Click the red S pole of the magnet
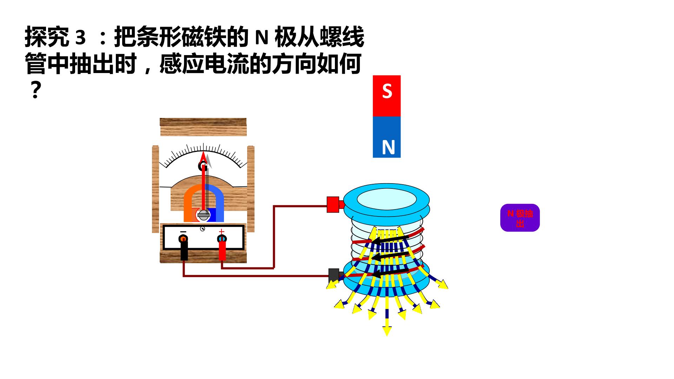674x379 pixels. coord(386,96)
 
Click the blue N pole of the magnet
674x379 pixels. coord(386,137)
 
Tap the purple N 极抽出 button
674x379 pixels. coord(520,218)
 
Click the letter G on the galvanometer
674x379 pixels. coord(203,166)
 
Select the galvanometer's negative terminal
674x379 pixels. coord(183,239)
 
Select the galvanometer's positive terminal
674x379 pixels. coord(222,239)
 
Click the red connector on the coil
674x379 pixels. coord(333,204)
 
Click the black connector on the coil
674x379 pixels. coord(334,275)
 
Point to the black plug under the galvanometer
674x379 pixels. coord(184,251)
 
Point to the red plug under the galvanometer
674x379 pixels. coord(222,251)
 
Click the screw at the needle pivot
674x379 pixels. coord(203,215)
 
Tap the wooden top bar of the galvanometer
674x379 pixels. coord(203,127)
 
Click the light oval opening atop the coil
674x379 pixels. coord(386,200)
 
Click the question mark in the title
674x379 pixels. coord(34,91)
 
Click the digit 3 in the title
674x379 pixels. coord(80,38)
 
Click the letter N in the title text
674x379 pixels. coord(262,38)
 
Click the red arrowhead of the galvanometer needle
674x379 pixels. coord(203,157)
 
